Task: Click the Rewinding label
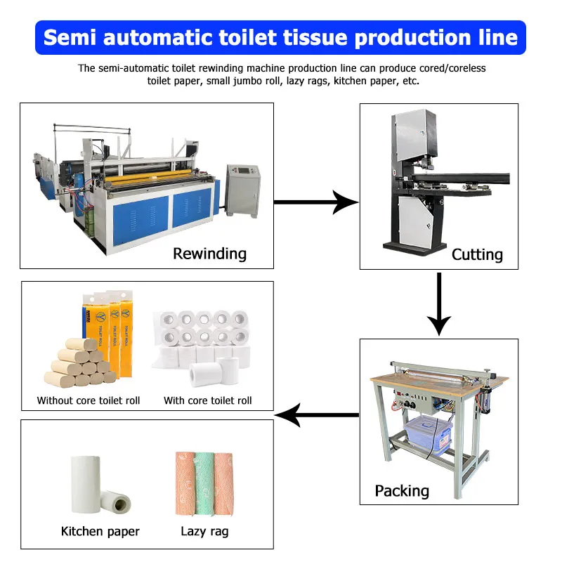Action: [209, 253]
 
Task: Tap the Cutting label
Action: [477, 254]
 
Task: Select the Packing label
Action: [402, 490]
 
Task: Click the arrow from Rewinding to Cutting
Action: [315, 202]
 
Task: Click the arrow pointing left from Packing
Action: [317, 415]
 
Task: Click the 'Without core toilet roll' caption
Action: [89, 400]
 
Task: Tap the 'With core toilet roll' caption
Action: [207, 400]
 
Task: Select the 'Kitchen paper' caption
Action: [100, 531]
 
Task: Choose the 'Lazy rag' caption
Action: [204, 531]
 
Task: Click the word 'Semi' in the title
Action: [72, 37]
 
